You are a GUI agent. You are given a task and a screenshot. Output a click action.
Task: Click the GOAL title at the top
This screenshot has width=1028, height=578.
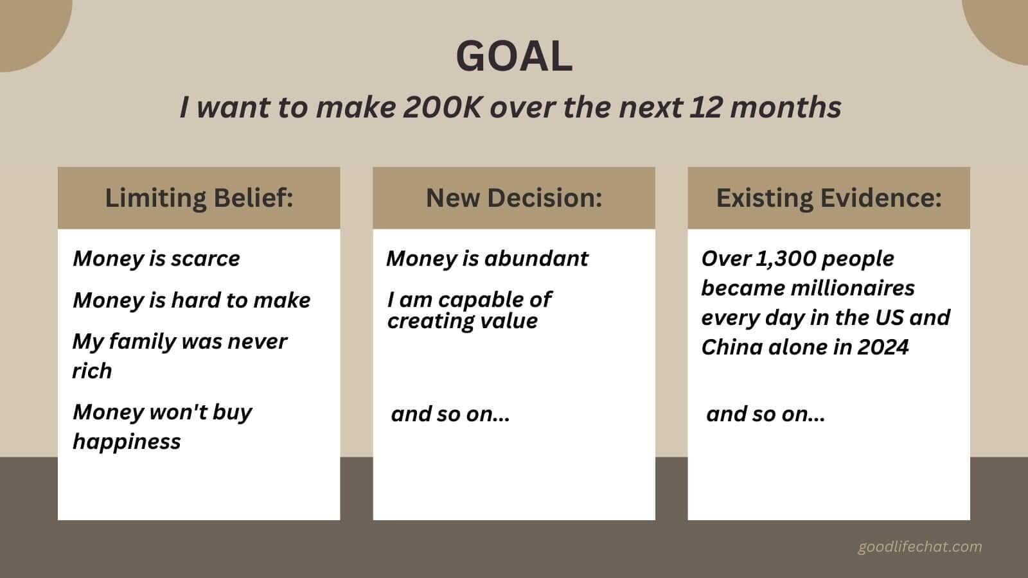[514, 56]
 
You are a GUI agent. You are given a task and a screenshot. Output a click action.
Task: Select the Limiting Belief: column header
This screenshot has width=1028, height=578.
[199, 198]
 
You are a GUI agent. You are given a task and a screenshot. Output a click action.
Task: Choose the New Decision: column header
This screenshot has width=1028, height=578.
[514, 198]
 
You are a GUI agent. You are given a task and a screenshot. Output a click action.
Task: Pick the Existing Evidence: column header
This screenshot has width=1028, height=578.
[829, 198]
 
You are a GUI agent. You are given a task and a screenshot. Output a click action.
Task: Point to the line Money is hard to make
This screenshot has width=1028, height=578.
[191, 300]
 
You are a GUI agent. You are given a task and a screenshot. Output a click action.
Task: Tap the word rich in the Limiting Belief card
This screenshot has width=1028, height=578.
[92, 371]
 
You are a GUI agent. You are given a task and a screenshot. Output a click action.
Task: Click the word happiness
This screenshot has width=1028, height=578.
[127, 441]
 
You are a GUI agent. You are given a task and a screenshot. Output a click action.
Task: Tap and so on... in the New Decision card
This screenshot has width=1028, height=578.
[450, 414]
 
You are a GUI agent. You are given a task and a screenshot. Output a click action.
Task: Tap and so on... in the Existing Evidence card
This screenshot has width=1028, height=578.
[765, 414]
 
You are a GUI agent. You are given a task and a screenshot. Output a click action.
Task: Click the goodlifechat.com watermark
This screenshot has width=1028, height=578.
[919, 547]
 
